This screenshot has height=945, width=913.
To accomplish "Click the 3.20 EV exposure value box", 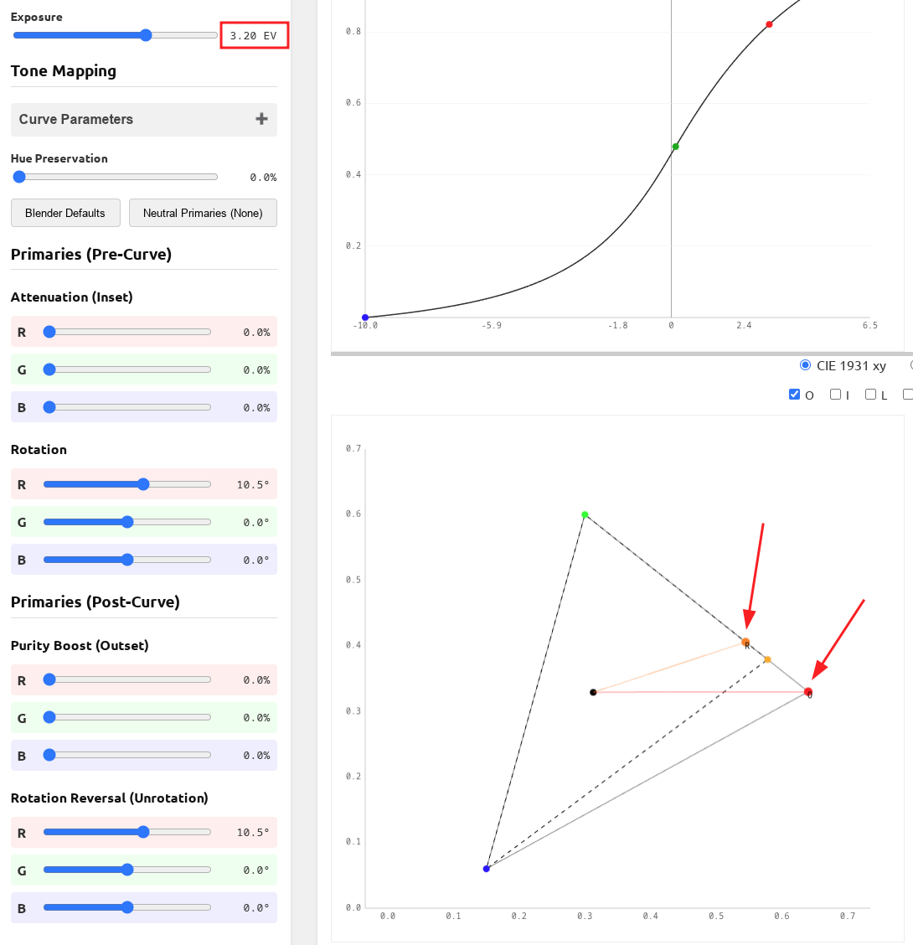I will (x=255, y=35).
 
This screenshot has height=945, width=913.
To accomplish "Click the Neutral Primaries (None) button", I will (x=203, y=213).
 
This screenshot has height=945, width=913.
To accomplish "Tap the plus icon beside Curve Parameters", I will (x=261, y=119).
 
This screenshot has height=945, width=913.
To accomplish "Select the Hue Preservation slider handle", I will (x=19, y=177).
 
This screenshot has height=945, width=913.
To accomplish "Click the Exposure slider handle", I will (x=146, y=35).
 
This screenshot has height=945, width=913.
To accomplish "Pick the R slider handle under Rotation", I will (x=143, y=484).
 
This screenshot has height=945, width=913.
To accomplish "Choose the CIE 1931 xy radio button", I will (x=806, y=365).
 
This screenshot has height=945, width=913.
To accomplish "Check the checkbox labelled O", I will (x=795, y=395).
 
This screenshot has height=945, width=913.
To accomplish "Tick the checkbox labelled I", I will (x=835, y=395).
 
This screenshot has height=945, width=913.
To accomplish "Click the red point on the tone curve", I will (x=769, y=24).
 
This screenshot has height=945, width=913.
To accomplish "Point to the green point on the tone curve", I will (x=675, y=147).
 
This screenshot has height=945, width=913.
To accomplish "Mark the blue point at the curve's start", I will (x=365, y=318).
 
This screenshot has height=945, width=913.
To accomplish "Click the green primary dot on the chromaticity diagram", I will (x=585, y=514).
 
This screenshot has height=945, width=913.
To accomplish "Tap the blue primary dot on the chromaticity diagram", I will (x=486, y=869).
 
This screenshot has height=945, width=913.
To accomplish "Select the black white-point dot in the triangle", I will (x=593, y=692).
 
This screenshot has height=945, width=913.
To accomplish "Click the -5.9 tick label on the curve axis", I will (x=492, y=325).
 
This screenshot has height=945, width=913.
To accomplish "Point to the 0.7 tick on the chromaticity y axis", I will (x=353, y=449).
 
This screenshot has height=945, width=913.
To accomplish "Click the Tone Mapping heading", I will (x=64, y=71).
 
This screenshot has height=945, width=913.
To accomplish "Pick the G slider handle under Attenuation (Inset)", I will (x=49, y=369).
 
